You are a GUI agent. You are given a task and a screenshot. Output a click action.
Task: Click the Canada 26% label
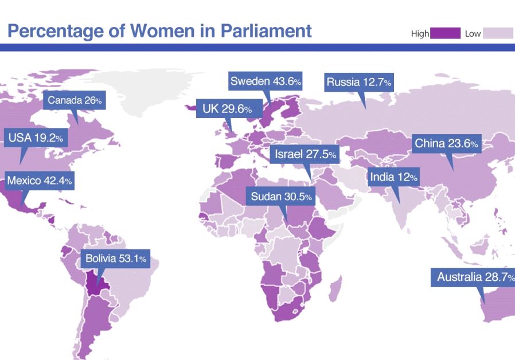75,101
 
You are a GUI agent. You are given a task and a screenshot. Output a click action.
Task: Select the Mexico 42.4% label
39,181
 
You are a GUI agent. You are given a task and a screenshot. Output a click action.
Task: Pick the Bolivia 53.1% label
116,259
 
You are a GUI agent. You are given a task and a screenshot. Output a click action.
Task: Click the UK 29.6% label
227,109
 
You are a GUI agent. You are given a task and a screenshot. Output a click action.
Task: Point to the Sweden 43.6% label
266,81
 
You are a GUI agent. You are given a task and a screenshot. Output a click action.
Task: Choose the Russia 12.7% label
358,83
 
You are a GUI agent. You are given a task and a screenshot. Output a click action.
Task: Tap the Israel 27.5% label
305,155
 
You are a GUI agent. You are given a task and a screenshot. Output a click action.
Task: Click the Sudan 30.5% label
282,197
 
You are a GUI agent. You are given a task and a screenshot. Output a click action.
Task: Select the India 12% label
393,177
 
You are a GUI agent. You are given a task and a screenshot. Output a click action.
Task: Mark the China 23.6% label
446,143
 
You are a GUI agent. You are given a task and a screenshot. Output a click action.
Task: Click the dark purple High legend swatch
445,33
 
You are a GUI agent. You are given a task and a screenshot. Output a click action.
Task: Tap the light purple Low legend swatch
498,33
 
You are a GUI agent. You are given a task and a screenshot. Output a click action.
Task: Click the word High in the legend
420,34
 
